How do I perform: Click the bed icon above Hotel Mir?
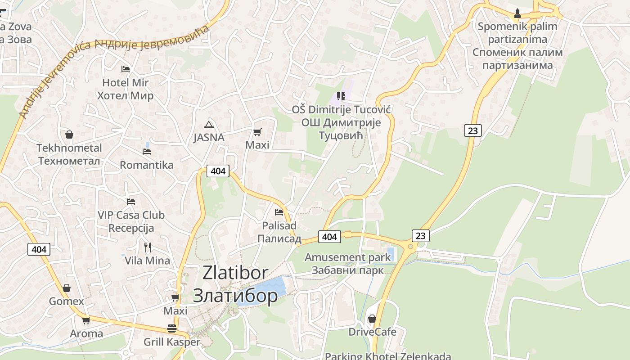click(x=126, y=69)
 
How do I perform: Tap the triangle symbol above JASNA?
click(x=208, y=125)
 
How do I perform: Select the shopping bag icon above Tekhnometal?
click(x=69, y=135)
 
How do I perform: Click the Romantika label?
click(x=146, y=165)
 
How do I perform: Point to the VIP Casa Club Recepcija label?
click(x=131, y=221)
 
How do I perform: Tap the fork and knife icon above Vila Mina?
click(x=147, y=247)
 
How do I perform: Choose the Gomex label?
click(x=67, y=301)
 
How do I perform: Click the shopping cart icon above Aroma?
click(x=86, y=320)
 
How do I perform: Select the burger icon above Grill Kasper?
click(x=171, y=328)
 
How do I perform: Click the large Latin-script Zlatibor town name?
click(x=235, y=273)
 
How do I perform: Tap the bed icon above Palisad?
click(x=279, y=212)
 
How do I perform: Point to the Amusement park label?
click(x=348, y=257)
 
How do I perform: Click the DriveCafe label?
click(x=372, y=332)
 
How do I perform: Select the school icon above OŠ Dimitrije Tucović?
click(x=341, y=96)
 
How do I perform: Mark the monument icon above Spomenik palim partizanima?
click(x=517, y=13)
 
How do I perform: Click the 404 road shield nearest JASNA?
click(x=218, y=171)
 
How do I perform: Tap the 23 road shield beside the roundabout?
click(x=420, y=235)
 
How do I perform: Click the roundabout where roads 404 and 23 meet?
click(x=410, y=247)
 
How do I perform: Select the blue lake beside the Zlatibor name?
click(x=265, y=290)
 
